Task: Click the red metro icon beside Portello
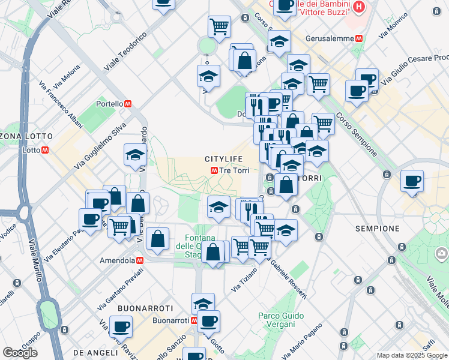click(128, 104)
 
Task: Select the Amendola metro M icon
click(139, 261)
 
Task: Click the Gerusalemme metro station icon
click(359, 37)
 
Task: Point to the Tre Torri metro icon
click(214, 170)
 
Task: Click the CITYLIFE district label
click(224, 159)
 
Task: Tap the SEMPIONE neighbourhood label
click(378, 229)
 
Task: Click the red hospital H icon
click(358, 8)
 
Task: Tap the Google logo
click(20, 353)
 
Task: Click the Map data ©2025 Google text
click(412, 355)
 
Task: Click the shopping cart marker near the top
click(219, 26)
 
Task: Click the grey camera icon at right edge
click(442, 253)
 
